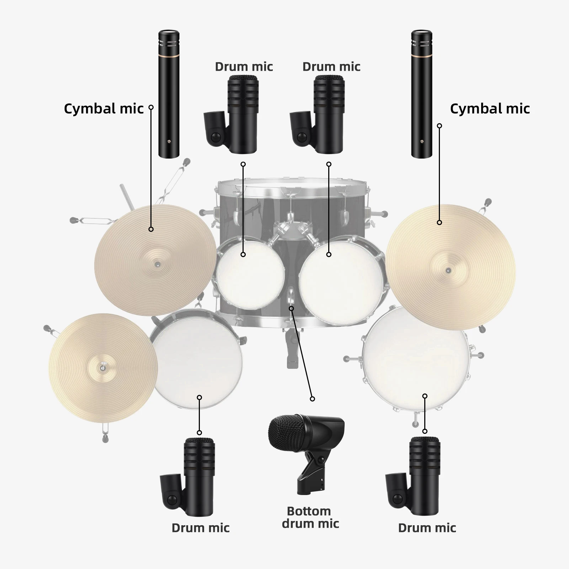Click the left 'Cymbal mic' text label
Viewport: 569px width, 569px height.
coord(103,109)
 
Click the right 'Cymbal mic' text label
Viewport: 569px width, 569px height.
coord(490,109)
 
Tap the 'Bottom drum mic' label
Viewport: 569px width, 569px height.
coord(310,517)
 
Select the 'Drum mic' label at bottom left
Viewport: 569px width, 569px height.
coord(201,528)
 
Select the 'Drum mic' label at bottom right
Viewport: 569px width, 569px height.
coord(427,528)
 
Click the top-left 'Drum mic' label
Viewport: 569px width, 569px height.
coord(244,67)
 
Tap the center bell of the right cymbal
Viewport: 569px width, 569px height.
coord(449,271)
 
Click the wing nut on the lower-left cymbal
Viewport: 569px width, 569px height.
coord(103,367)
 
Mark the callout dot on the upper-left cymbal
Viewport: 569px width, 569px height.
coord(151,229)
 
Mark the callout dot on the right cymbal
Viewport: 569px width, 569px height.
coord(440,223)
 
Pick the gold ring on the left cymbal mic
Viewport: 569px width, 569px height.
coord(169,56)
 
